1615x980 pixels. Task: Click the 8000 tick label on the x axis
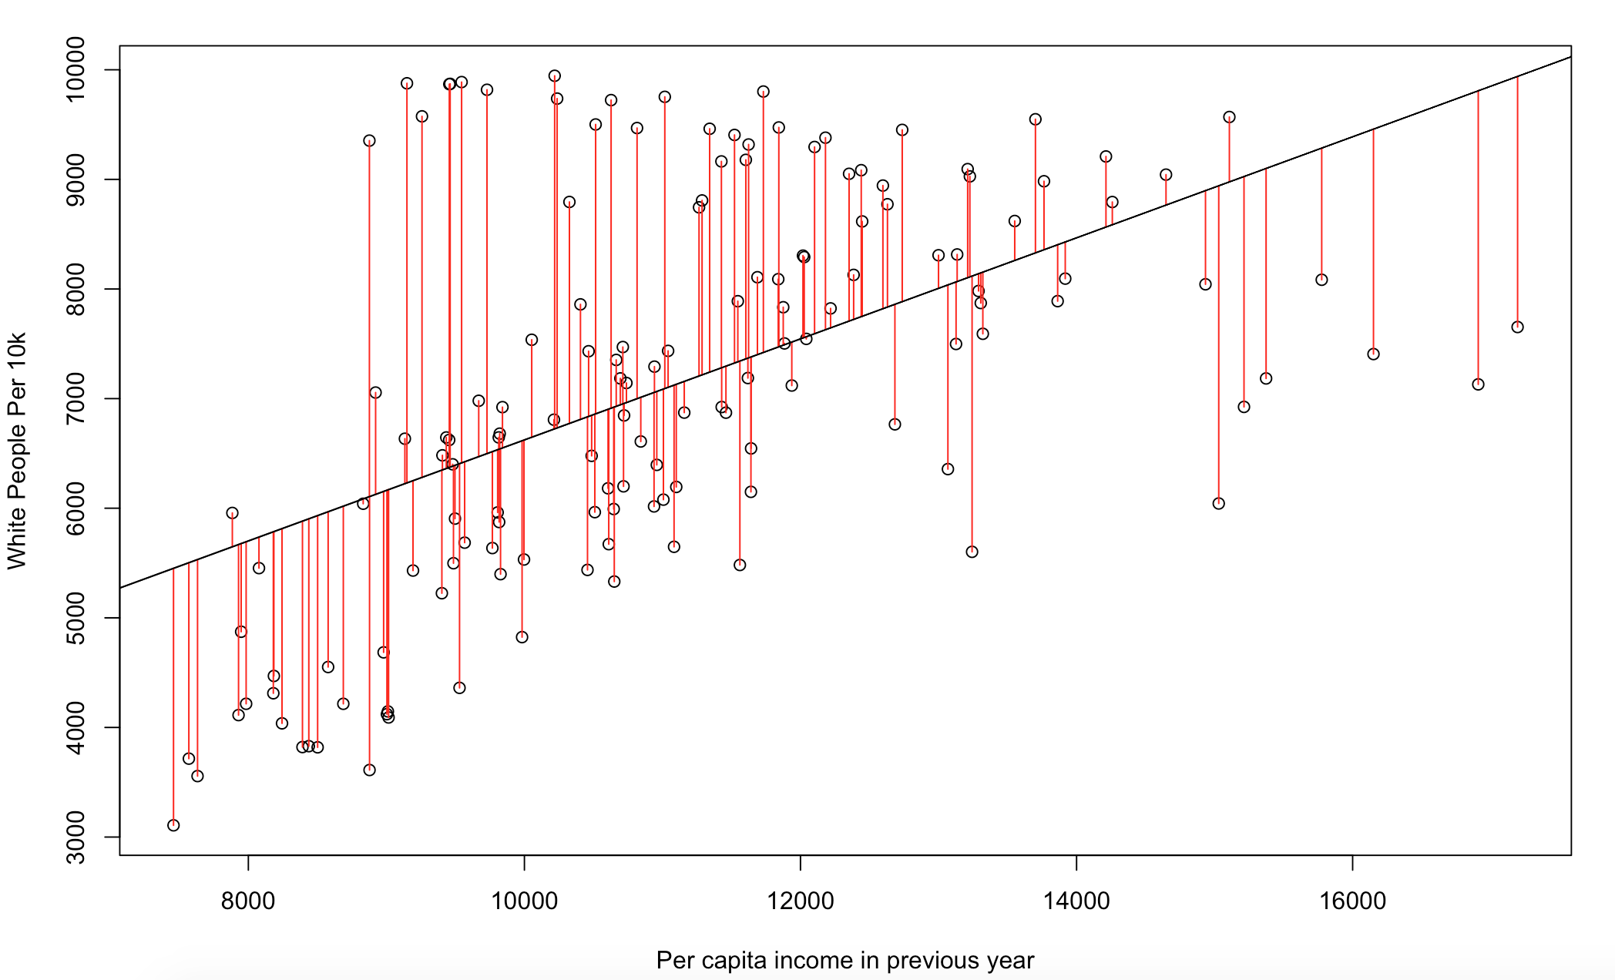click(247, 900)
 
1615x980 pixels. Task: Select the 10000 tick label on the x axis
click(524, 900)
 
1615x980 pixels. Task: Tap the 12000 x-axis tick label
click(800, 900)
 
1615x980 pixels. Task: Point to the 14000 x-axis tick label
click(1076, 900)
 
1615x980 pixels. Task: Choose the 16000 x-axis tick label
click(1352, 900)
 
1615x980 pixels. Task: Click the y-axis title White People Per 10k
click(17, 451)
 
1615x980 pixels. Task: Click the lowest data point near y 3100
click(173, 825)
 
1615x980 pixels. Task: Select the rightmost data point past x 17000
click(1517, 327)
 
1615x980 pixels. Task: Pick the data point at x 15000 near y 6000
click(1218, 503)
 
